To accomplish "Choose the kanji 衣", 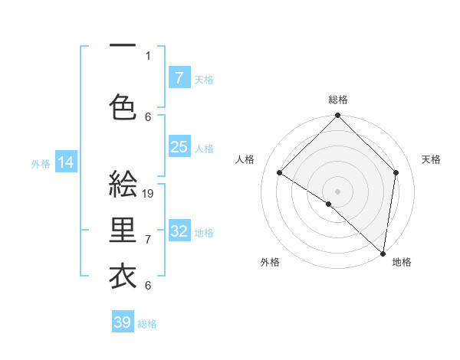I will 123,276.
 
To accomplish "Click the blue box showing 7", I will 179,77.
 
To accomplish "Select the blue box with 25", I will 179,147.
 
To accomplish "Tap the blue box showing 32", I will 179,231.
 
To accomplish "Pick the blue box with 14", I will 66,162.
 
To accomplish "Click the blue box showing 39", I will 123,322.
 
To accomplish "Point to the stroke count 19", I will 149,194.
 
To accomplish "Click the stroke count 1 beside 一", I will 148,55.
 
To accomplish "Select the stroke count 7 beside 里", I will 148,240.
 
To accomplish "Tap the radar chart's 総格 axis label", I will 338,100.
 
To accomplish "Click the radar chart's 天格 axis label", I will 431,159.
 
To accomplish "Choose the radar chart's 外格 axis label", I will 270,262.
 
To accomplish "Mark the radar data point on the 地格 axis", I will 383,254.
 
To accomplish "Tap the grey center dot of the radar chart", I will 337,190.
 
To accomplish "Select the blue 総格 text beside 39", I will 147,324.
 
